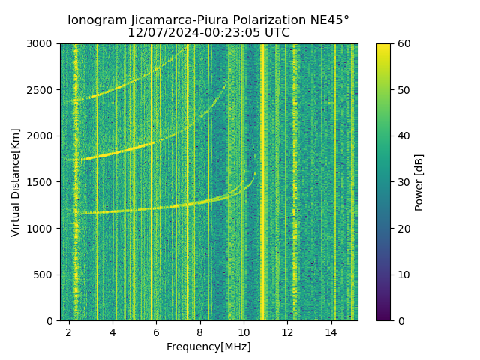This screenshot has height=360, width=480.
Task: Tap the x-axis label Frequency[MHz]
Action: (208, 346)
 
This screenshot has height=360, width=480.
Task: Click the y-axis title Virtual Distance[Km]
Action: (16, 182)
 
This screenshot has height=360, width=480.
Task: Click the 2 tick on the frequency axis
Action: (69, 331)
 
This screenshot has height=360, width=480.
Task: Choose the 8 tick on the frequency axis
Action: (200, 331)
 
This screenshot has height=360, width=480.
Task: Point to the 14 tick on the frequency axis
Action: (331, 331)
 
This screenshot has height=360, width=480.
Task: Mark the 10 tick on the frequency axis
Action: (244, 331)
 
